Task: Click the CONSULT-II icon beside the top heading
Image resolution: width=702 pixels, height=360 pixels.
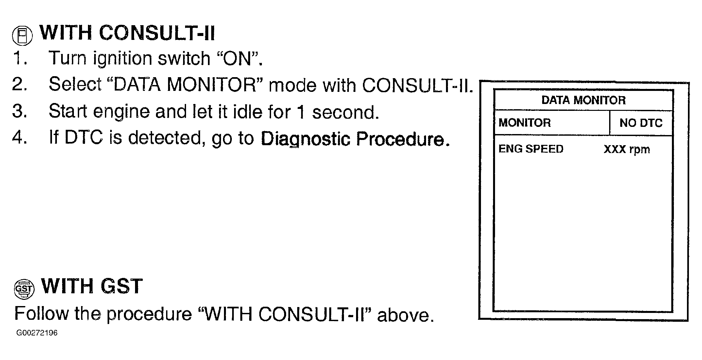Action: [22, 35]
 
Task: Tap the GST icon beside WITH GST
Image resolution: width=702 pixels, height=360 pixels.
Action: [24, 289]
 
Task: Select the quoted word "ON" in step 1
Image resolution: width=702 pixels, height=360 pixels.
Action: [238, 59]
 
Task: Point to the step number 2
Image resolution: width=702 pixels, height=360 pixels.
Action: [19, 84]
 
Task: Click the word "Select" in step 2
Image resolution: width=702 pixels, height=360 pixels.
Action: [75, 84]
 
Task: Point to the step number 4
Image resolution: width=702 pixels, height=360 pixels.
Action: [19, 137]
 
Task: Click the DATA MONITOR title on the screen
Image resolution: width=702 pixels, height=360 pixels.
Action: [583, 100]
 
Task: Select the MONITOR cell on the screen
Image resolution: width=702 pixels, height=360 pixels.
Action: [524, 123]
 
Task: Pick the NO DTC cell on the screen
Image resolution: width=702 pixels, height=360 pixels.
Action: [641, 123]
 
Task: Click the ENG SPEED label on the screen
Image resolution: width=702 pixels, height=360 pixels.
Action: [531, 149]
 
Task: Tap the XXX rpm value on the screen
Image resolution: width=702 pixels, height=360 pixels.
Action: [626, 149]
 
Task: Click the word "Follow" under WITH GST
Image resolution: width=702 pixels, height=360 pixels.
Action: [42, 314]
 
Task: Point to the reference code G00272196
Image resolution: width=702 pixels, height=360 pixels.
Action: [37, 333]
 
